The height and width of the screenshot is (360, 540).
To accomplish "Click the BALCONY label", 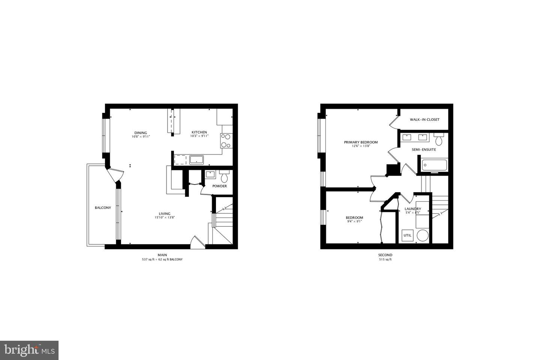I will pos(103,208).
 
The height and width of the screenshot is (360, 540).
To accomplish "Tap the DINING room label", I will pos(141,133).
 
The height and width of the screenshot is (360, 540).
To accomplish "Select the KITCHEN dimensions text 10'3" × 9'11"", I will pos(199,136).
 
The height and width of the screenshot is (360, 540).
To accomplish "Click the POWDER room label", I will pos(219,186).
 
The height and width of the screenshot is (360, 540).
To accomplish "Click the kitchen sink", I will pos(196,160).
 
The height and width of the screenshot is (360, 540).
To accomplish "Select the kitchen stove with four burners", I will pos(225,141).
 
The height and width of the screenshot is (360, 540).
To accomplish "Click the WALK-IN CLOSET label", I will pos(424,120).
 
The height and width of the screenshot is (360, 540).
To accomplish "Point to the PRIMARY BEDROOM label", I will pos(361,142).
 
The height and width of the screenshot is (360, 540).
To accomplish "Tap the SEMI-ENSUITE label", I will pos(424,150).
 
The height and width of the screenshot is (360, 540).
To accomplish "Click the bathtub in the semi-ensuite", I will pos(434,165).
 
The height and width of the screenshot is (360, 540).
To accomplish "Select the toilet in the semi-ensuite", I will pos(439,139).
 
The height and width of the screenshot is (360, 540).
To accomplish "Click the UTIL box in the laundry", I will pos(407,235).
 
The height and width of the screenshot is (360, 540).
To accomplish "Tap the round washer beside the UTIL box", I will pos(423,236).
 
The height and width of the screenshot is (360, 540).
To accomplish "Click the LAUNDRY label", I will pos(412,209).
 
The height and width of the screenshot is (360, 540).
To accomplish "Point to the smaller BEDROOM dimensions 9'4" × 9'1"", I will pos(354,222).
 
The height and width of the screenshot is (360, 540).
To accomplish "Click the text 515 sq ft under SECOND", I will pos(385,259).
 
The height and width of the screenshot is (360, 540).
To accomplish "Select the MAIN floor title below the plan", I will pos(162,255).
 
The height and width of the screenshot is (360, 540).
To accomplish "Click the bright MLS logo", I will pos(29,350).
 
